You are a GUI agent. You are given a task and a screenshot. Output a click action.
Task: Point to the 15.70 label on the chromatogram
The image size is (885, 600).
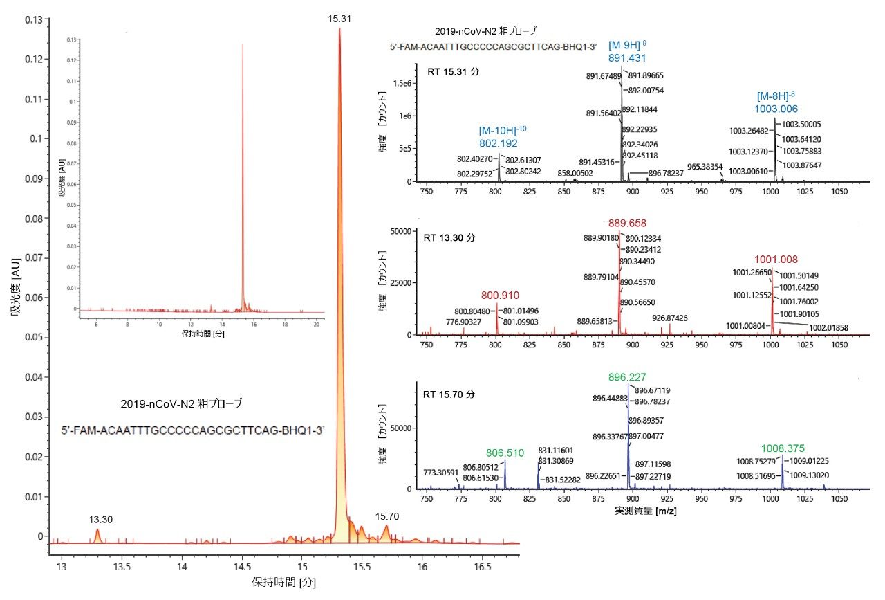(x=386, y=516)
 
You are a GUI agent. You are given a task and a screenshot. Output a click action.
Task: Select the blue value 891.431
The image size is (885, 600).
(x=627, y=59)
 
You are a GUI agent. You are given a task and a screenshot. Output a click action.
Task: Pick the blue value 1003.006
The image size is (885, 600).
(x=776, y=109)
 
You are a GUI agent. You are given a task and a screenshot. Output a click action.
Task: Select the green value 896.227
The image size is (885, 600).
(x=627, y=378)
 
